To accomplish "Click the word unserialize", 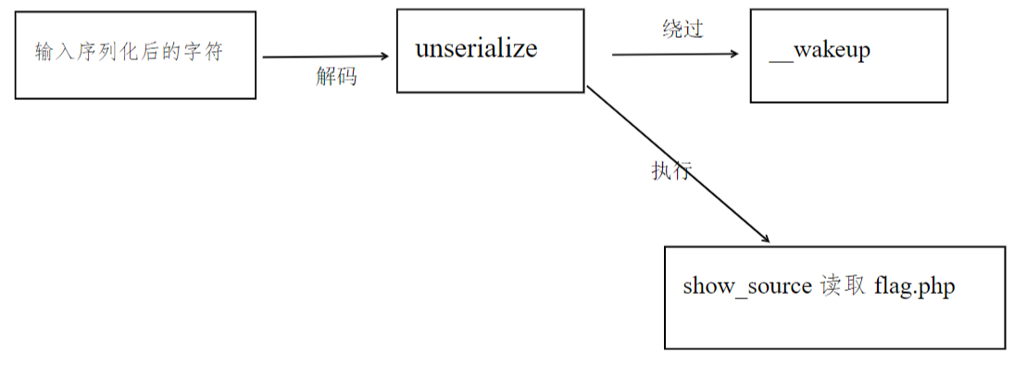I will pos(476,49).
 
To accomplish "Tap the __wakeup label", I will pos(820,50).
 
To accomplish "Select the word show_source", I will pos(747,286).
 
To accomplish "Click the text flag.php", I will pos(914,286).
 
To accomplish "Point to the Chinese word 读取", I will pos(842,286).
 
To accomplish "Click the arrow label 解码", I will pos(335,78).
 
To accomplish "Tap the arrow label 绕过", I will pos(682,30).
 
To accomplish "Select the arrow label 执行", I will pos(670,170).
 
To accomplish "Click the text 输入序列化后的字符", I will pos(130,52).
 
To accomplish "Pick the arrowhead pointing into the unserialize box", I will pos(382,57).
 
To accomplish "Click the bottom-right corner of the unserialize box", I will pos(584,92).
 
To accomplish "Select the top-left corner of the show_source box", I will pos(666,247).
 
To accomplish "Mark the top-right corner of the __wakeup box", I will pos(947,10).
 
